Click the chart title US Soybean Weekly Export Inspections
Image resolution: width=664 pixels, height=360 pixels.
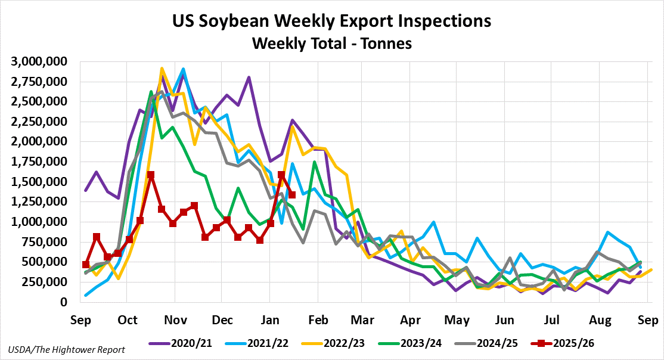point(331,21)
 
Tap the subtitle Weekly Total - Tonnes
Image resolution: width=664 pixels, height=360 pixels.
point(331,44)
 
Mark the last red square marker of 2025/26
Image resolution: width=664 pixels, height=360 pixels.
point(292,194)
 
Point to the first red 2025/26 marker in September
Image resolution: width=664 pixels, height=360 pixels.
point(86,265)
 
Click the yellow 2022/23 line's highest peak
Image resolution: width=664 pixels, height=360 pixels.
point(162,69)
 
